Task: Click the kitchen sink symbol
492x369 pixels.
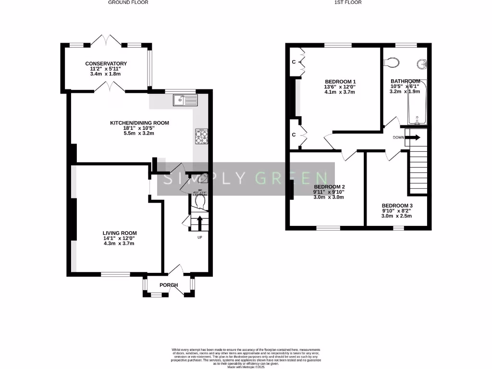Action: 185,100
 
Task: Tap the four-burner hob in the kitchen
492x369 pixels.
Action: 202,136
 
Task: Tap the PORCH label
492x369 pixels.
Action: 169,285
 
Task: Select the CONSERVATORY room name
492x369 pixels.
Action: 106,63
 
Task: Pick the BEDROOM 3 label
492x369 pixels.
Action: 397,205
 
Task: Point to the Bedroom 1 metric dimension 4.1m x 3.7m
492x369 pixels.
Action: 340,92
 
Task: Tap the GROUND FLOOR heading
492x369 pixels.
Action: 128,2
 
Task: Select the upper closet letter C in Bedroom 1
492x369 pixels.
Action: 293,61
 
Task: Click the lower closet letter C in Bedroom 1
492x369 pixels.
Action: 293,135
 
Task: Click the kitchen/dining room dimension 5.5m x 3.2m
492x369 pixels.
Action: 139,134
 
